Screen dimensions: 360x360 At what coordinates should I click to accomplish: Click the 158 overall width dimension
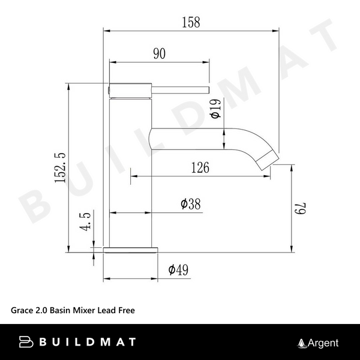click(190, 22)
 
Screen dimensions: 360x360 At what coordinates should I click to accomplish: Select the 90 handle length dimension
click(159, 53)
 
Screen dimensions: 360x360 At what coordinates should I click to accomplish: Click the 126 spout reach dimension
click(200, 168)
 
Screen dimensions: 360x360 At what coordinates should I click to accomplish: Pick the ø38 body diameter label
click(190, 204)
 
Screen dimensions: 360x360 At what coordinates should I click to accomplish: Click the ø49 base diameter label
click(179, 270)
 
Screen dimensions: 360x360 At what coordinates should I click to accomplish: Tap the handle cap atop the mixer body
click(129, 89)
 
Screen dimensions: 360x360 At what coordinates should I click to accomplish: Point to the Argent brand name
click(323, 343)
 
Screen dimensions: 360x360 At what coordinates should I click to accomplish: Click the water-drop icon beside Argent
click(302, 343)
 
